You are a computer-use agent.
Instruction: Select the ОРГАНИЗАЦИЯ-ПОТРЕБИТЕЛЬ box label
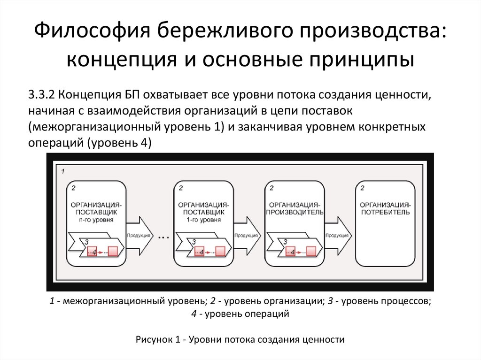point(386,208)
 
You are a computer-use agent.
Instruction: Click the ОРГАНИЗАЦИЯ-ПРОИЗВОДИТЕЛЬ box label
point(295,208)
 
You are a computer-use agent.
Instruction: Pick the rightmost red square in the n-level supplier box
point(113,252)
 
